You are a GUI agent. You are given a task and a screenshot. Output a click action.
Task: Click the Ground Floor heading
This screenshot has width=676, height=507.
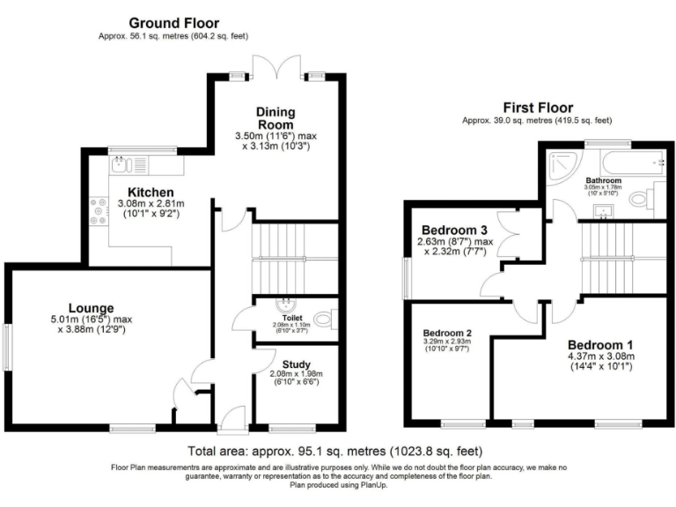tap(173, 22)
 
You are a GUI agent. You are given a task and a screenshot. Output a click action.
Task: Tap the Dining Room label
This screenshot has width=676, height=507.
tap(276, 118)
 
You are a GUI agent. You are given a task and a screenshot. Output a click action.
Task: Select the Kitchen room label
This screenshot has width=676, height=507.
tap(151, 192)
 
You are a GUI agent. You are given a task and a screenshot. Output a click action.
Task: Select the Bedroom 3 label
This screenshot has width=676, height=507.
tap(453, 230)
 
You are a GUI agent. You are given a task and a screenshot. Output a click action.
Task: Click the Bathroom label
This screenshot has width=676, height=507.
tap(602, 180)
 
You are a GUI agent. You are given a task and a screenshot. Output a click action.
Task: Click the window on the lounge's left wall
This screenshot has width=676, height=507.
tap(5, 347)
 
